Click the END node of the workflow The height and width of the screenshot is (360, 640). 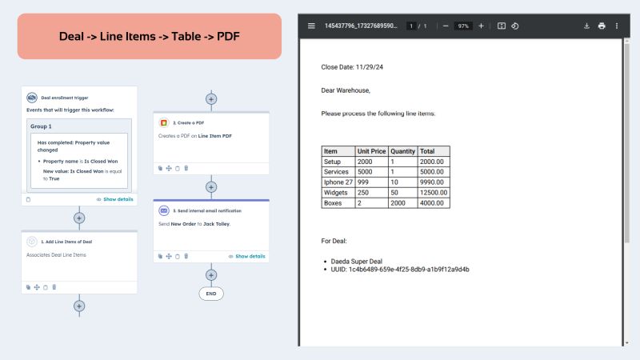pos(211,293)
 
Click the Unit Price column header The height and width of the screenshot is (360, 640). pos(371,150)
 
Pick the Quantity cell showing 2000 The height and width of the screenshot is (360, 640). pos(402,203)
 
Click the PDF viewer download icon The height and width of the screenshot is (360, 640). pos(586,26)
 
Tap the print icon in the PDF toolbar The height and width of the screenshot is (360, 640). pos(602,26)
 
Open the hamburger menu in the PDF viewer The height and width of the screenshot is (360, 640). pos(311,26)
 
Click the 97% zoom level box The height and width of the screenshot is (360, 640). pos(463,26)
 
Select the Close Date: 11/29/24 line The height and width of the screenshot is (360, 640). pos(350,68)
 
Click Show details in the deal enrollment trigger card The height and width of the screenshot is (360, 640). pos(118,199)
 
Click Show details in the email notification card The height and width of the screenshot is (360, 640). pos(250,256)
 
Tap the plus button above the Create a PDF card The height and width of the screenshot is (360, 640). pos(211,99)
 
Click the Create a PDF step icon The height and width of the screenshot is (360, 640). pos(163,123)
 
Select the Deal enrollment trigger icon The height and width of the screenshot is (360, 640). pos(32,97)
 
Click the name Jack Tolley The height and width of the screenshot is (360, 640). pos(216,224)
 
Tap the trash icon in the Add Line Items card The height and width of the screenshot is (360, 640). pos(54,286)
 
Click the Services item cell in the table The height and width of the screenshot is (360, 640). pos(337,171)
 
